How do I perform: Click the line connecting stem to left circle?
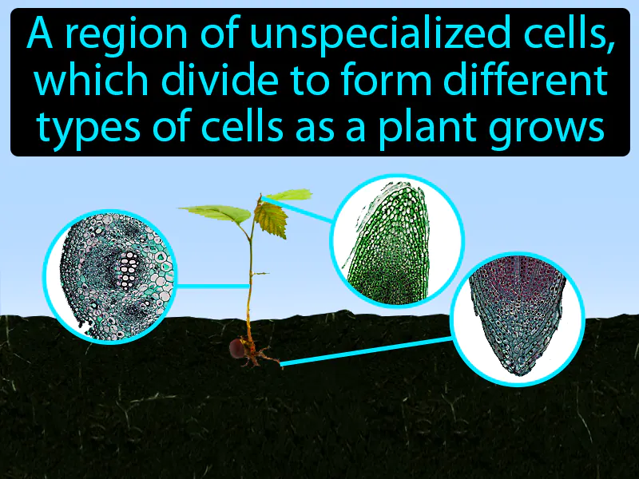pyautogui.click(x=212, y=285)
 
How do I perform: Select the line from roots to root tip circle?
pyautogui.click(x=367, y=351)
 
